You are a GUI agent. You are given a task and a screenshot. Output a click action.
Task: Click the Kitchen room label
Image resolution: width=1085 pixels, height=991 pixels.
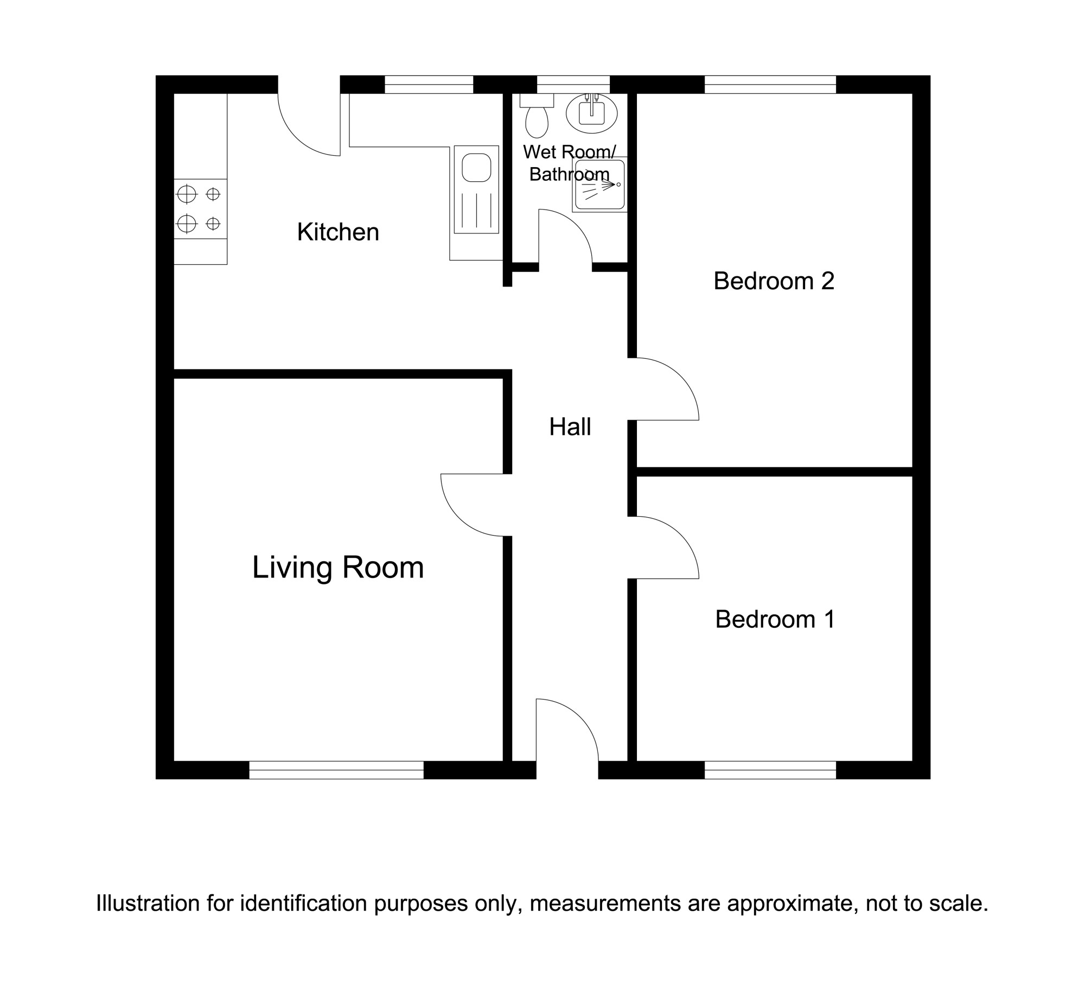[x=338, y=232]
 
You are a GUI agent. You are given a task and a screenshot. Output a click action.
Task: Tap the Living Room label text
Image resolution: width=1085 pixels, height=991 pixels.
[x=338, y=568]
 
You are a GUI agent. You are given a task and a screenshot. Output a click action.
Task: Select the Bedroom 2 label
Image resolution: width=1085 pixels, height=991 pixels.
[x=774, y=281]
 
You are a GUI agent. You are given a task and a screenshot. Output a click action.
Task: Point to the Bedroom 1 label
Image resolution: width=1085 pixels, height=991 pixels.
[x=775, y=619]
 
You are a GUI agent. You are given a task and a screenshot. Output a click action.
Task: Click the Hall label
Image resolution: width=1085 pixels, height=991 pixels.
[x=570, y=427]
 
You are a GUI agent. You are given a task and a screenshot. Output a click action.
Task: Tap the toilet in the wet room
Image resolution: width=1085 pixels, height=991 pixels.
[x=537, y=116]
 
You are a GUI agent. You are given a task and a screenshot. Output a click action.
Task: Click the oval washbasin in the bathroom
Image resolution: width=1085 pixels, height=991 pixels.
[x=592, y=113]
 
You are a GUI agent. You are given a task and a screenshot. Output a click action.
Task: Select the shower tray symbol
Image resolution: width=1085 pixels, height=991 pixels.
[x=600, y=185]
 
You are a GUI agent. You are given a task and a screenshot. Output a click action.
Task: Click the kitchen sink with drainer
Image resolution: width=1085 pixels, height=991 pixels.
[x=476, y=189]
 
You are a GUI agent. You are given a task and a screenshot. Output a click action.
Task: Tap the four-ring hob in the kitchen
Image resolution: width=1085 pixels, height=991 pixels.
[x=200, y=208]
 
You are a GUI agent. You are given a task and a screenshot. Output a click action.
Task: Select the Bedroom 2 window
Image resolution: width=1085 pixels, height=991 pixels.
[x=770, y=85]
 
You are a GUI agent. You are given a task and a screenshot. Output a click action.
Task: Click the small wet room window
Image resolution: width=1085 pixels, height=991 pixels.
[x=573, y=85]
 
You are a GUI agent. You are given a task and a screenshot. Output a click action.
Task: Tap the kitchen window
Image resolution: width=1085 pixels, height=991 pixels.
[x=429, y=85]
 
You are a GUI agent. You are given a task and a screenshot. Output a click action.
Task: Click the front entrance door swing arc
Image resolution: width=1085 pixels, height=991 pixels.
[x=580, y=716]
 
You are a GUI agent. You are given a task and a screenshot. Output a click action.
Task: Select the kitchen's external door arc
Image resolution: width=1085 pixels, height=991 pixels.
[x=296, y=138]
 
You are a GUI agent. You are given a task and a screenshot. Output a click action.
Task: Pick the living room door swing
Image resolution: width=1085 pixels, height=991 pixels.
[x=459, y=518]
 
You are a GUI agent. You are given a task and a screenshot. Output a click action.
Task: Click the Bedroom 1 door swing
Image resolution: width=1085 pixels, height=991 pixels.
[x=680, y=535]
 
